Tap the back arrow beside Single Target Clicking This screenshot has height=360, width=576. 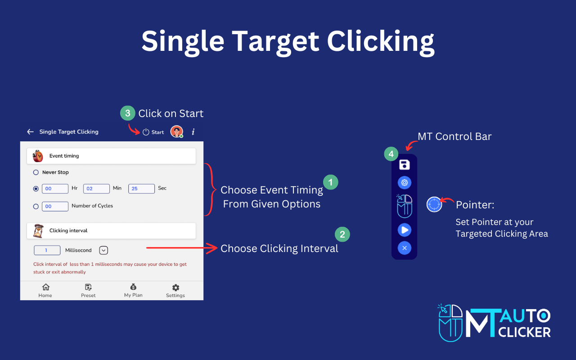point(30,132)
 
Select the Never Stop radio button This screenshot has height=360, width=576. point(36,172)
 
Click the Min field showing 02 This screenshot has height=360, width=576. point(96,189)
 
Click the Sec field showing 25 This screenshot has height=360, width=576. point(141,189)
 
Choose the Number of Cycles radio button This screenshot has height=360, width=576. point(36,206)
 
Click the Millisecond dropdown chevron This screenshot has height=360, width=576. point(103,250)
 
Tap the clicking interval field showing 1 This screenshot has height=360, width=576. point(47,250)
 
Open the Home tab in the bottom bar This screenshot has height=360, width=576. point(45,290)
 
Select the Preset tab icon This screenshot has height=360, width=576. point(88,288)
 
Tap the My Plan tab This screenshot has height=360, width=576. point(133,290)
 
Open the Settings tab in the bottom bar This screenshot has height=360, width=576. point(175,290)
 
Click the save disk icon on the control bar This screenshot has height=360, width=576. point(404,165)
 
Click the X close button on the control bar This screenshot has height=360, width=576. point(404,248)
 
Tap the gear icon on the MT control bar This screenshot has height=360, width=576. point(404,183)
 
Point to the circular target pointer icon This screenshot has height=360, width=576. point(434,204)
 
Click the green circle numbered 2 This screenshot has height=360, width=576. point(342,234)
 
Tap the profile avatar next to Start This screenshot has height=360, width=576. point(176,132)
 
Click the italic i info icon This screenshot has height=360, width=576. point(193,132)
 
